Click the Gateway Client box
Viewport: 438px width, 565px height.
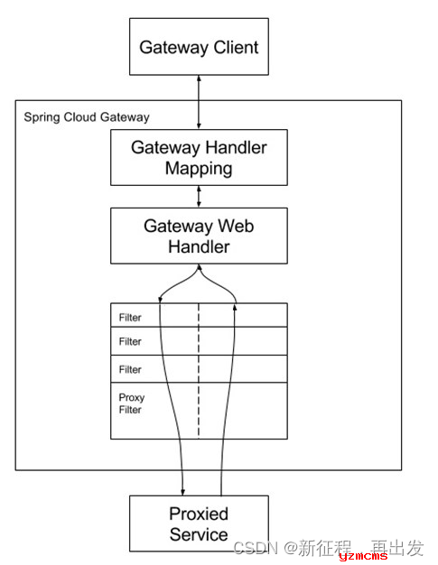[x=199, y=47]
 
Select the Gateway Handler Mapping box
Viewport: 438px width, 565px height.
[x=199, y=157]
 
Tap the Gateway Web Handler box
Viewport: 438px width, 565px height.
[x=199, y=236]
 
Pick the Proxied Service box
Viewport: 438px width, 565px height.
[x=199, y=523]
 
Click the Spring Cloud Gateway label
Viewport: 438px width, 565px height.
[x=87, y=117]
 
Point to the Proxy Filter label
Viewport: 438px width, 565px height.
[x=132, y=403]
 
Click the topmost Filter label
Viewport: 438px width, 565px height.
[x=130, y=318]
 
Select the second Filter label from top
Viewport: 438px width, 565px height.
[x=130, y=341]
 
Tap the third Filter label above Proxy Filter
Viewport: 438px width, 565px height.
[x=130, y=369]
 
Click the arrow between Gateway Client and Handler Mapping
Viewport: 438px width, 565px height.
[x=199, y=102]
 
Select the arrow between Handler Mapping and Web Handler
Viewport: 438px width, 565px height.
[x=199, y=197]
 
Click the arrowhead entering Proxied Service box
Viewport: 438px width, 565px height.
[x=182, y=492]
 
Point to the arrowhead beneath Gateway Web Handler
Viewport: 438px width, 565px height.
[x=199, y=267]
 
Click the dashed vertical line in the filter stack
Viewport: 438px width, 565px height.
[x=199, y=371]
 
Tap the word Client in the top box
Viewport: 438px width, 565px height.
[x=236, y=47]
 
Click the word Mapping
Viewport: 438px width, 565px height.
[x=199, y=169]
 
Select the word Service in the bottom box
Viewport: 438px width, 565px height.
[x=199, y=534]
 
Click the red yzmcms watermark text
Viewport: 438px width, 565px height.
[x=363, y=556]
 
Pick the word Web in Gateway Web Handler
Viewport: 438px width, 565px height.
[x=236, y=226]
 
